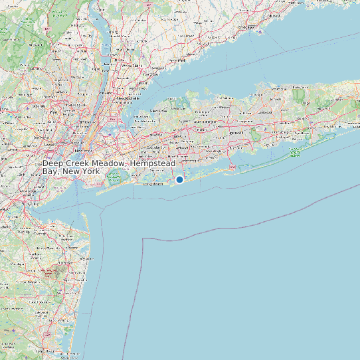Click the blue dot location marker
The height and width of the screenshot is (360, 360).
[179, 179]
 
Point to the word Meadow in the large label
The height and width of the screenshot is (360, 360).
[110, 163]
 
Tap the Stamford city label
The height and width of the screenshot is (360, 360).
[177, 60]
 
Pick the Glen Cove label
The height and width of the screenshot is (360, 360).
[158, 110]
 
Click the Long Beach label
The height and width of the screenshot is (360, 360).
[153, 185]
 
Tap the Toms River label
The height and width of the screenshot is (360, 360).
[46, 350]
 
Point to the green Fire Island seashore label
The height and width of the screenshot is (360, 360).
[295, 153]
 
